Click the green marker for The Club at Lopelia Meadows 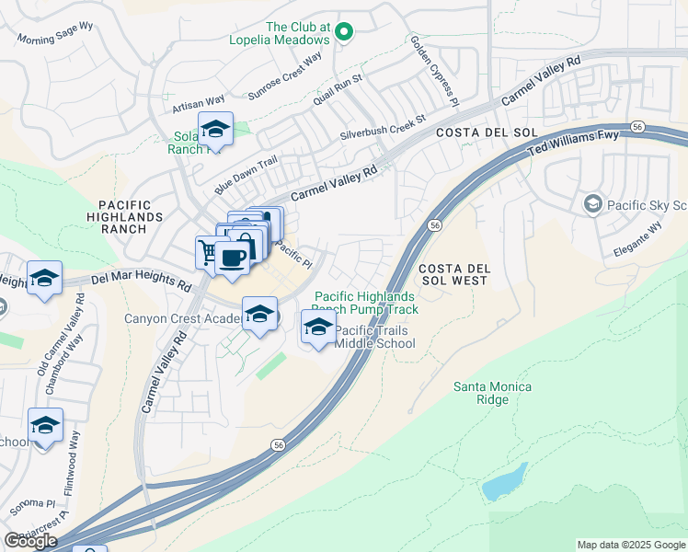coord(344,33)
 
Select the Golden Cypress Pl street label coord(434,57)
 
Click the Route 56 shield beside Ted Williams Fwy coord(637,126)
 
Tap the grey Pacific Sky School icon coord(593,202)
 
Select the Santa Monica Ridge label coord(492,393)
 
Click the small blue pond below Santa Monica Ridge coord(505,482)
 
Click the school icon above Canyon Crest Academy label coord(260,314)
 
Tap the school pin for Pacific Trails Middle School coord(318,327)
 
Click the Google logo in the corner coord(29,541)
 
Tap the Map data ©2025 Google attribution coord(630,545)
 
